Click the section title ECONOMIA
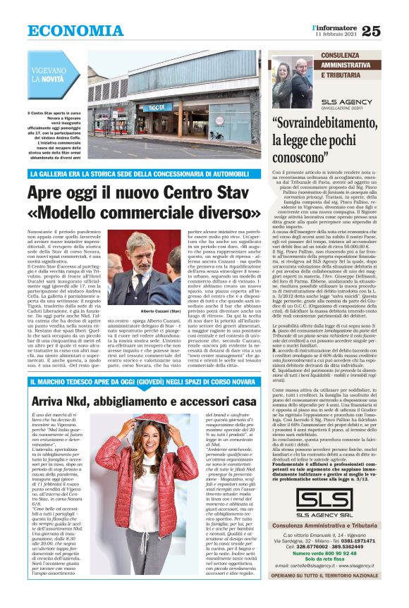click(66, 30)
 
